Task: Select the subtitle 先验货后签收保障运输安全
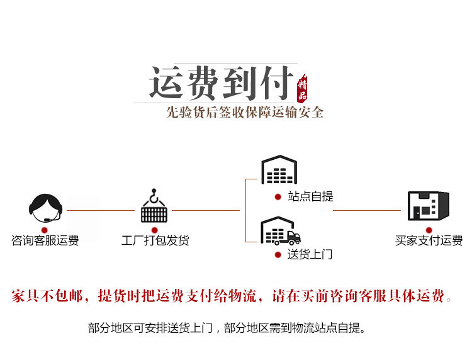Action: (x=245, y=113)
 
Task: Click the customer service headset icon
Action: (x=45, y=206)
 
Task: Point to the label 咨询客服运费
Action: (x=45, y=240)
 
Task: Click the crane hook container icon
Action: (x=154, y=206)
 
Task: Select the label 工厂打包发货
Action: (x=155, y=240)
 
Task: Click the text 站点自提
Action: (x=310, y=197)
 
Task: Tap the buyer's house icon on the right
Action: (x=428, y=205)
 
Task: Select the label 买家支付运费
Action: (x=429, y=240)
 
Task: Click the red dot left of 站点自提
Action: (x=278, y=197)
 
